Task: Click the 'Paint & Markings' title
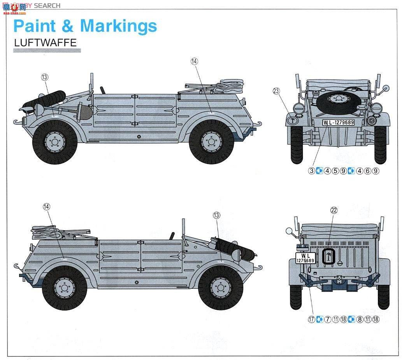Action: pyautogui.click(x=85, y=26)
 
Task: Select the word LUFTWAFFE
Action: pyautogui.click(x=45, y=43)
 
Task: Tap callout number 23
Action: pyautogui.click(x=276, y=91)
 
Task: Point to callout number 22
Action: pyautogui.click(x=334, y=210)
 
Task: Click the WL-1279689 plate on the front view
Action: pyautogui.click(x=339, y=122)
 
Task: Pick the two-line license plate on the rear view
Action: pyautogui.click(x=305, y=258)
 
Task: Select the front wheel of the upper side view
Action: pyautogui.click(x=55, y=142)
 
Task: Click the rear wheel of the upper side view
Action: pyautogui.click(x=211, y=142)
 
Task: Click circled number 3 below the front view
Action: pyautogui.click(x=311, y=171)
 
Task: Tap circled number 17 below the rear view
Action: pyautogui.click(x=311, y=319)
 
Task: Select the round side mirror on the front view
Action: pyautogui.click(x=386, y=88)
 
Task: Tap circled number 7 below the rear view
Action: pyautogui.click(x=328, y=319)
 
